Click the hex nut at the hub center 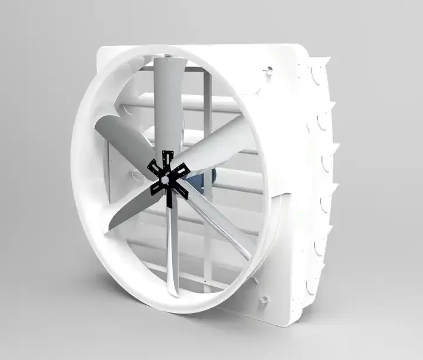pos(170,176)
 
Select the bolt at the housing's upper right pos(268,72)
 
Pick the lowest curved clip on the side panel pos(311,288)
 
